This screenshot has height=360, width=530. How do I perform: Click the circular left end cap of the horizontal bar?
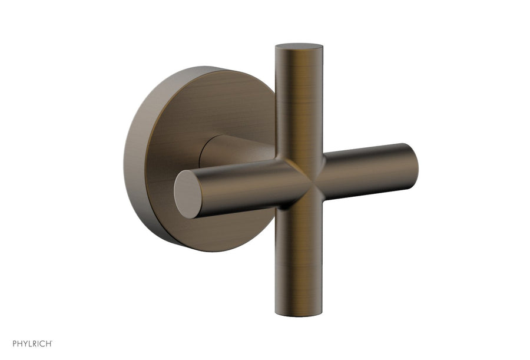pos(188,194)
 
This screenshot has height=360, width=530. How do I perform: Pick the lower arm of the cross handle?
pos(299,259)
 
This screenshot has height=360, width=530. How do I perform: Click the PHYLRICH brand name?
pos(31,343)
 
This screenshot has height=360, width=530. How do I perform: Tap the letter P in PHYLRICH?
pos(14,343)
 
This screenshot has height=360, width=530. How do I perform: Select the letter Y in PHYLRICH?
pos(25,343)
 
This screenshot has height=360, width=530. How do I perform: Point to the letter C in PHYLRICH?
pos(42,343)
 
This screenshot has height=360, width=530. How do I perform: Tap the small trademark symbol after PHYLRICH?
pos(52,341)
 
